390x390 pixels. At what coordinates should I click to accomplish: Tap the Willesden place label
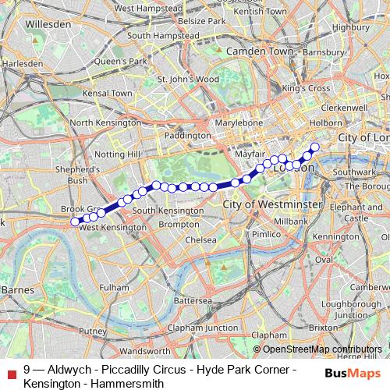point(48,24)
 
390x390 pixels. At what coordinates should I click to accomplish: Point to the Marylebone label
point(239,123)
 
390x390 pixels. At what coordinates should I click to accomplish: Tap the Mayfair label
point(246,154)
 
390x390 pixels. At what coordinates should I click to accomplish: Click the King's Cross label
point(307,88)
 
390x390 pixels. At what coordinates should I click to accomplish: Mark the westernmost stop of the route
point(76,222)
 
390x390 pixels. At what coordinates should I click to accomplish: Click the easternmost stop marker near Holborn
point(315,147)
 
